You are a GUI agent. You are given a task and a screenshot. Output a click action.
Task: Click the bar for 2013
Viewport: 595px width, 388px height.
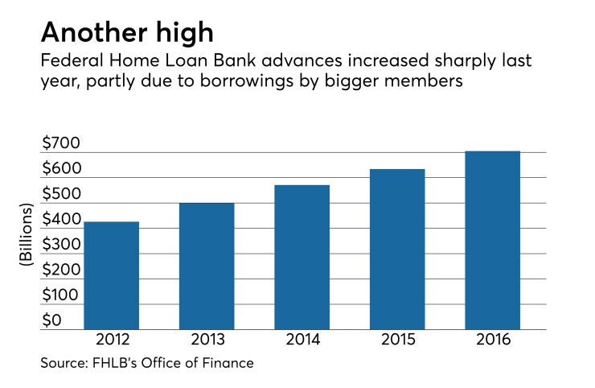[207, 266]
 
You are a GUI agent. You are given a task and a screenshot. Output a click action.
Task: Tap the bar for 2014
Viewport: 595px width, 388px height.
[302, 258]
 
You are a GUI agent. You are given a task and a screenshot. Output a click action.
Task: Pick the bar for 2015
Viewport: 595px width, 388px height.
[397, 250]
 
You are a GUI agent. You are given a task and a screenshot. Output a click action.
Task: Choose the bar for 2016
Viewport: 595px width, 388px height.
[493, 241]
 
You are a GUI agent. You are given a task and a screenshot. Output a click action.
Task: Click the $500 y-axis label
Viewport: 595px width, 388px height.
[60, 195]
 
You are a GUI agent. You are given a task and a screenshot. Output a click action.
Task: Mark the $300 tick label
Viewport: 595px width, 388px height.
[60, 245]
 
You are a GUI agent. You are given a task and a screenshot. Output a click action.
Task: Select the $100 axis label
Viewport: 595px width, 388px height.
[60, 295]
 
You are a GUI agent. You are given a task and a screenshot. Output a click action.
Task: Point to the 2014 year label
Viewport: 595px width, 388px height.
[302, 341]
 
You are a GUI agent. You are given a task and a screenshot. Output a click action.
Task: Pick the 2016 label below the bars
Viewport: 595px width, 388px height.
[493, 341]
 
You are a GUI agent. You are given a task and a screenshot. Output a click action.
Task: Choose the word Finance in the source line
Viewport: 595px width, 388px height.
[228, 364]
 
